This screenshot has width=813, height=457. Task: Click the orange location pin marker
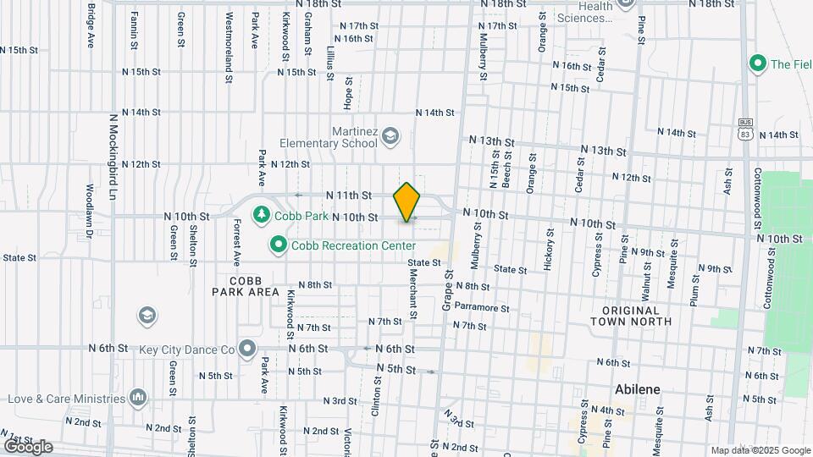click(406, 202)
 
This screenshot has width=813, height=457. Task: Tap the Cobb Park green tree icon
click(263, 213)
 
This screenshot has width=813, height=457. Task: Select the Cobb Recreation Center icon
click(277, 245)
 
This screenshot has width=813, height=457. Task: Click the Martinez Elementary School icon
click(390, 136)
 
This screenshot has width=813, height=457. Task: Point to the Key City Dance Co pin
click(247, 349)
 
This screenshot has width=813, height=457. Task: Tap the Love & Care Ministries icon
click(138, 398)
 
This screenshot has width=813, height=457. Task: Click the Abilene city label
click(637, 389)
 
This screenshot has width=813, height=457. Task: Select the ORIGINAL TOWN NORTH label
click(637, 316)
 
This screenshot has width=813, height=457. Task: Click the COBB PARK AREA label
click(246, 286)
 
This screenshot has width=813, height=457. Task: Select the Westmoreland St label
click(229, 47)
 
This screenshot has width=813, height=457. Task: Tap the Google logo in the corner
click(27, 446)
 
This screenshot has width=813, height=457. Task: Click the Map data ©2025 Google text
click(760, 450)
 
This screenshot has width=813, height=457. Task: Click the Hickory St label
click(550, 248)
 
